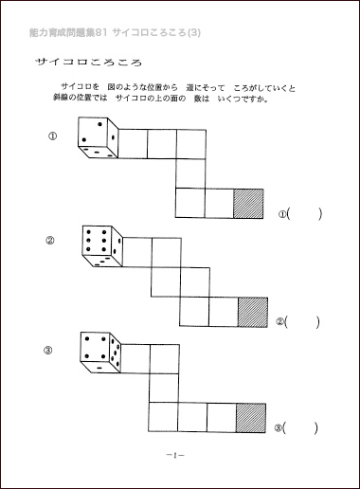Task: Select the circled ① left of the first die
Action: (x=52, y=136)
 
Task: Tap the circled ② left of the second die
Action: (x=50, y=240)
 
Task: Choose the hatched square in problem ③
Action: (x=250, y=417)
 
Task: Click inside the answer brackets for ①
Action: (x=305, y=214)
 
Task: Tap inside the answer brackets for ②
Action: (x=303, y=322)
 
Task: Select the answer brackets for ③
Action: (x=303, y=427)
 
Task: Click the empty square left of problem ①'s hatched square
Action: (x=218, y=204)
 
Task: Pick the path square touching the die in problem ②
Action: (x=137, y=251)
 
